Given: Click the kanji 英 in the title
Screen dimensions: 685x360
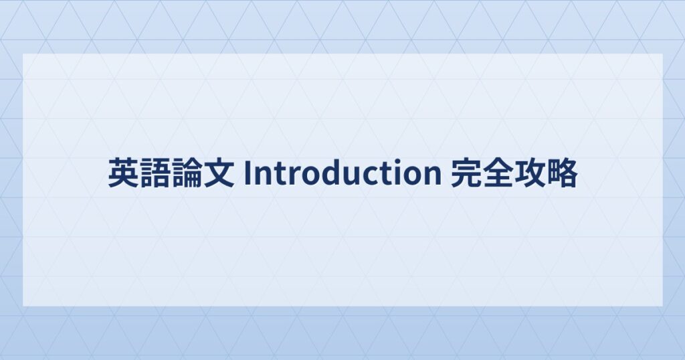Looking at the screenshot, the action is click(124, 173).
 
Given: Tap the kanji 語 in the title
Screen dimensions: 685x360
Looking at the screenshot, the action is click(155, 173).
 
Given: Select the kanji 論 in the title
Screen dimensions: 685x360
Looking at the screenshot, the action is click(187, 173).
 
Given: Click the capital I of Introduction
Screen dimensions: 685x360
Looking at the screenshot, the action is click(248, 173).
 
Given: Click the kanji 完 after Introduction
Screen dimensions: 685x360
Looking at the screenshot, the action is click(466, 173).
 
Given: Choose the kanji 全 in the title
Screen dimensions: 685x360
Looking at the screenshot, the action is click(498, 173).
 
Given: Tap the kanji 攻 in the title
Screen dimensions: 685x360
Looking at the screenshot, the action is click(530, 173).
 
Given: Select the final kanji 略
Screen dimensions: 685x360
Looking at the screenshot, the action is click(562, 173).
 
